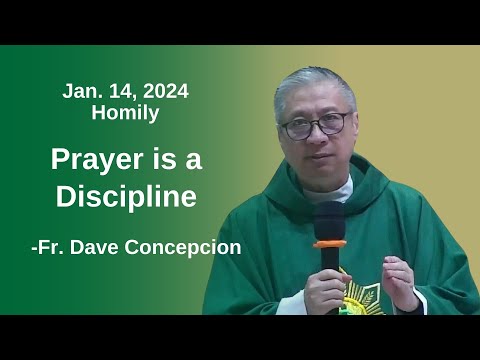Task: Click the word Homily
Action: (125, 113)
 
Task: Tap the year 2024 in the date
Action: (163, 91)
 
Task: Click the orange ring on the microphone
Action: (330, 242)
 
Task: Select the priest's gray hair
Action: (314, 85)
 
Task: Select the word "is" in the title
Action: (172, 159)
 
